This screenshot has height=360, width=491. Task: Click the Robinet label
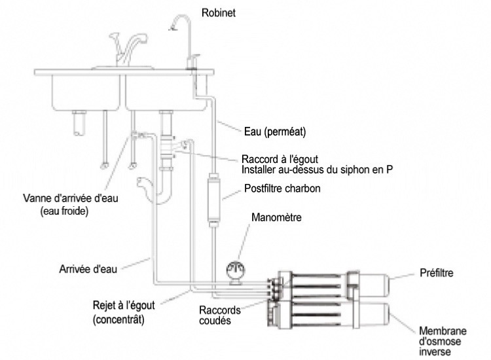point(218,13)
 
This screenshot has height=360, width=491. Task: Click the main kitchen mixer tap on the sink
point(128,50)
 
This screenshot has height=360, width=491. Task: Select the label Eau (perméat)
point(274,132)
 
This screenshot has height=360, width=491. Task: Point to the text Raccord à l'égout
point(280,159)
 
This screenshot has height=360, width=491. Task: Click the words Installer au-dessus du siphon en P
point(317,170)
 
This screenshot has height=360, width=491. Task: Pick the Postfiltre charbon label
point(282,189)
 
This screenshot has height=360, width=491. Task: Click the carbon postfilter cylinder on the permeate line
point(214,200)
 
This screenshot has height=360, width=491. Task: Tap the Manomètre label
point(276,217)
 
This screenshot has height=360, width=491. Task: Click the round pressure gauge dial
point(236,270)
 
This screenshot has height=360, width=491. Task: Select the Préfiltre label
point(436,273)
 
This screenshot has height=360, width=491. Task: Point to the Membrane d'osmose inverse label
point(443,341)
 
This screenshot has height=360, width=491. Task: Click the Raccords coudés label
point(220,315)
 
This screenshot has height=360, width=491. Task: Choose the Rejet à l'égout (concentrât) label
point(124,312)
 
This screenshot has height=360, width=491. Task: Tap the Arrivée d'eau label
point(88,269)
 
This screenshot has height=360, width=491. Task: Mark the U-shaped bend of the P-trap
point(164,197)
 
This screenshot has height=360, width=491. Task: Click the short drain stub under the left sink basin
point(79,123)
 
